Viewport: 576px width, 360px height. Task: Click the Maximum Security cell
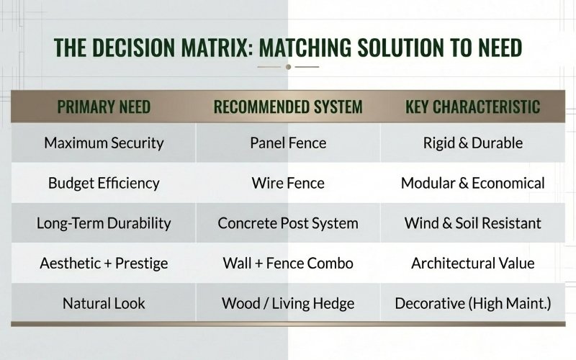104,143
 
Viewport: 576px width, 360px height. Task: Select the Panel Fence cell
288,143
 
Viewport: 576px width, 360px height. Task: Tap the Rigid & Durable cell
473,143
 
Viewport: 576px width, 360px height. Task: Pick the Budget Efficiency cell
104,183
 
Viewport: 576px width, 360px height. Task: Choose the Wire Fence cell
288,183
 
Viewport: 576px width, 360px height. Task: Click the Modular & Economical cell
473,183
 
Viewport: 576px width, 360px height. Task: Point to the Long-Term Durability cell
104,222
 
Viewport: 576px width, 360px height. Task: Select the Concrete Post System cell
288,222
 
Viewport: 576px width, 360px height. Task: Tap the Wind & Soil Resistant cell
473,222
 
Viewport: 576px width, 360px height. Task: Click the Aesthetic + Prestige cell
104,263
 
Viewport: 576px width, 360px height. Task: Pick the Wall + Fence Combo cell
288,263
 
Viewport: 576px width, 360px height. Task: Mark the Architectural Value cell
473,263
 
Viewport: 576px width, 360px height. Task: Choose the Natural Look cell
104,303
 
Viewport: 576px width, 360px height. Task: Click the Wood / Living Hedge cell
288,303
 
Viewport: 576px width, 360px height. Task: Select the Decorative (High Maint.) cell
473,303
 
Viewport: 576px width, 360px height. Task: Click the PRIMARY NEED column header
104,107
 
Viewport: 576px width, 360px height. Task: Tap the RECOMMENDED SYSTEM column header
288,107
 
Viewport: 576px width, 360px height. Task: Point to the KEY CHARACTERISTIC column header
473,107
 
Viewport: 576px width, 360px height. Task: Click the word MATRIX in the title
212,47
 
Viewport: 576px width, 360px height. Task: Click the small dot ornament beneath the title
288,67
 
